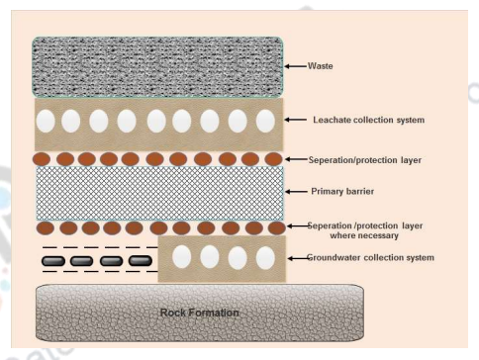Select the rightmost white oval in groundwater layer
coord(264,256)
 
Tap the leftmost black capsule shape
coord(54,261)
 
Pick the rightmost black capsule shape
coord(142,261)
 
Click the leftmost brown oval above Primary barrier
coord(46,157)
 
